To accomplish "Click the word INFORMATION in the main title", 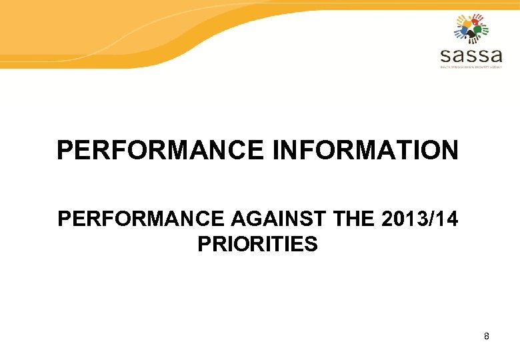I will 365,150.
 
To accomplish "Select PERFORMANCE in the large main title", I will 161,150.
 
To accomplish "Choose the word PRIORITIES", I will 257,245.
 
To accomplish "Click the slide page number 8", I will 487,337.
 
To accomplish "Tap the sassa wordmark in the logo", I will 470,53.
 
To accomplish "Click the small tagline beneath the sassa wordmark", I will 470,66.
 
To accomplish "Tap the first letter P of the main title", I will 64,150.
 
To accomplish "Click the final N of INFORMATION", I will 450,150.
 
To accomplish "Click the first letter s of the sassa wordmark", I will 445,53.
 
